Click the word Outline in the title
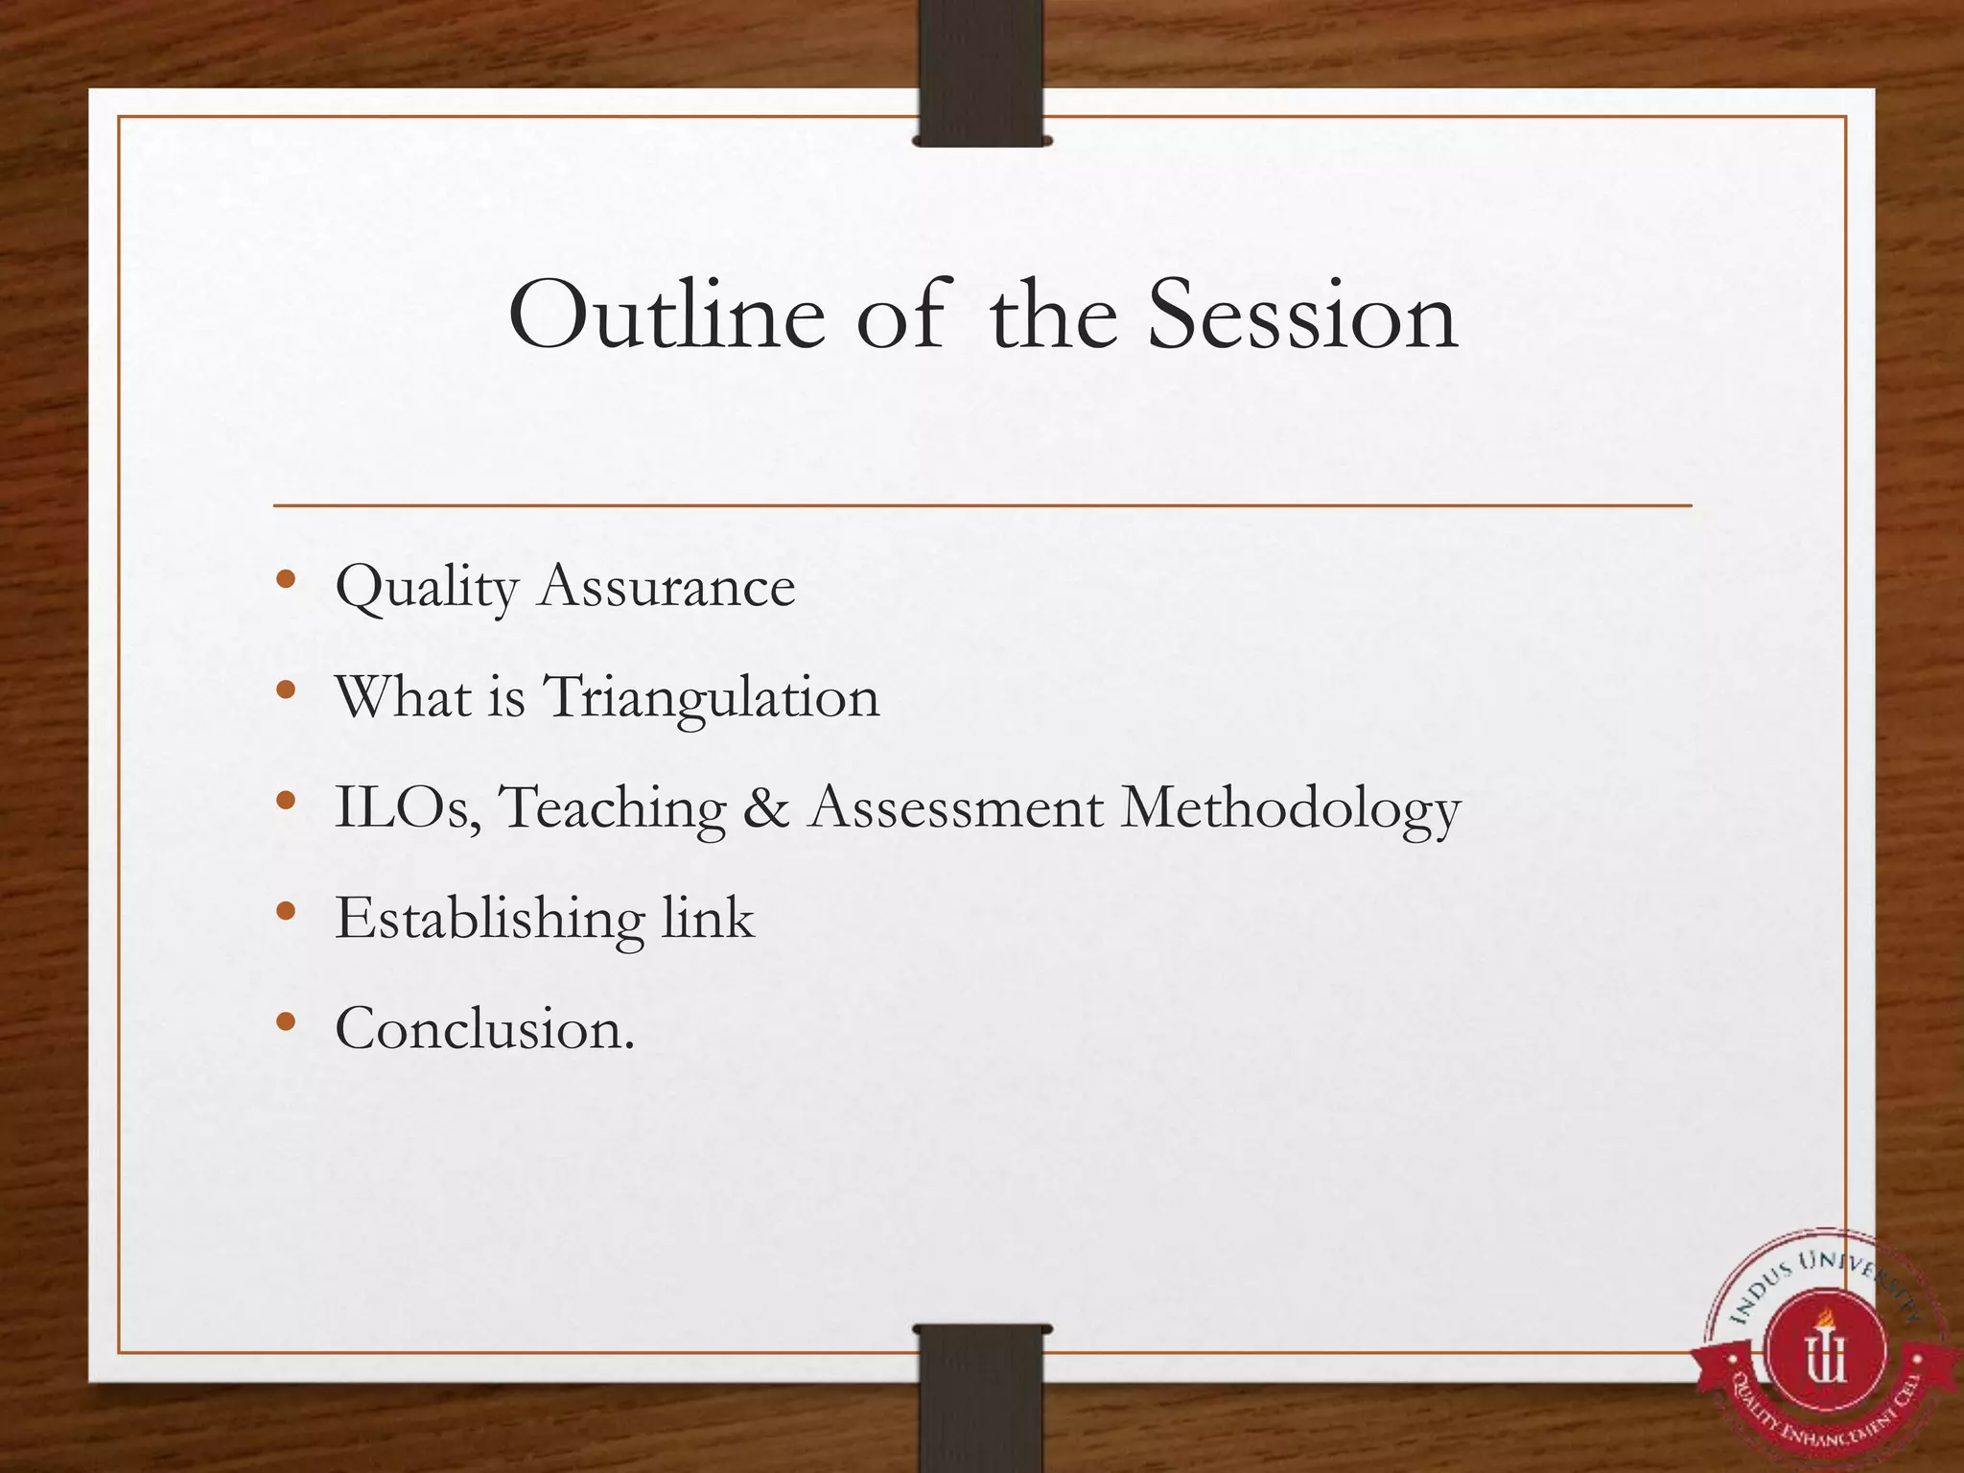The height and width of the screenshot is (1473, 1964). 666,316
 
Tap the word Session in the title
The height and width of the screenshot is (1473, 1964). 1302,316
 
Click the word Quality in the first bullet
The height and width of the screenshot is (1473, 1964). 427,587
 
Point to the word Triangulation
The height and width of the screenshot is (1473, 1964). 712,698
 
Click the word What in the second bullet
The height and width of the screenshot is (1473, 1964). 402,696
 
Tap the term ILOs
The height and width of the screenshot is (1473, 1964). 407,807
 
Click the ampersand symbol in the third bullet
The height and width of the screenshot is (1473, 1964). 766,807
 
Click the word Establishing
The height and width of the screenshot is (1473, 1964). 489,920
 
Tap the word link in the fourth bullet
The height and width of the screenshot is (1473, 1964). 708,918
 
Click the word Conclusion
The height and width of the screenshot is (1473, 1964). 484,1029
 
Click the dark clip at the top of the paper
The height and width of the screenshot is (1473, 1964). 981,72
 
